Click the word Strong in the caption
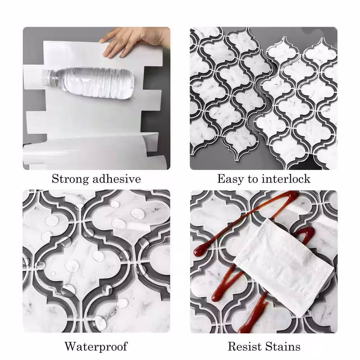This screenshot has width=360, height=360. coord(70,179)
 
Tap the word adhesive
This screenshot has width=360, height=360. coord(117,179)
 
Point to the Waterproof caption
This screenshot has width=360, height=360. coord(96,346)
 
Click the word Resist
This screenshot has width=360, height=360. coord(244,346)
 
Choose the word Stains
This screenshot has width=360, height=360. coord(282,346)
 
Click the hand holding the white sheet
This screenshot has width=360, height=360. coord(135,41)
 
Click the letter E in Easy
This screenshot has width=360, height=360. coord(221,179)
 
